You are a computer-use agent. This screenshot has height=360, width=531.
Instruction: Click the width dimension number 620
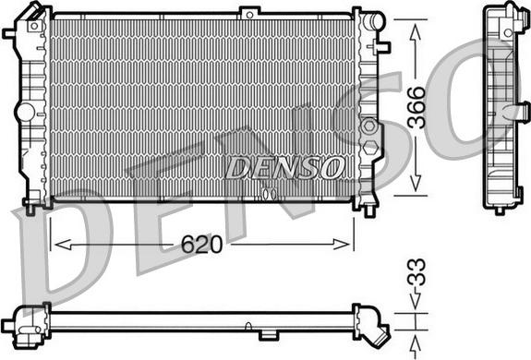pos(202,245)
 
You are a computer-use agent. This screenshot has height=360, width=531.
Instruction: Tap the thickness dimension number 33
pos(416,274)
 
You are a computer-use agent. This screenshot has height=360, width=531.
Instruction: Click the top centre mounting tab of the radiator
pos(250,12)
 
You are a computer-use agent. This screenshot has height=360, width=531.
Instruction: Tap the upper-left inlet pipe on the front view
pos(10,33)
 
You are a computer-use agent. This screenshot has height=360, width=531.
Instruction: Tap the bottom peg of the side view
pos(500,210)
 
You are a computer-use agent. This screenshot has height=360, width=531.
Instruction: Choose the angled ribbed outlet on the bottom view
pos(377,333)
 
